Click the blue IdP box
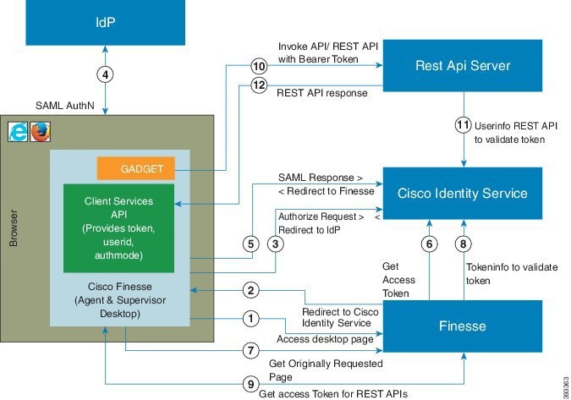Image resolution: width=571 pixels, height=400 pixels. tap(105, 22)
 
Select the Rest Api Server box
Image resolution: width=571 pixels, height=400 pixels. tap(463, 65)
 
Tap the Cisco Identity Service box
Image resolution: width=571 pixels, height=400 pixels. tap(463, 194)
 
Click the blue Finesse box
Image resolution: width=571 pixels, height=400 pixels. tap(463, 326)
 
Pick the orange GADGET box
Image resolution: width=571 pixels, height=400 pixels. tap(136, 168)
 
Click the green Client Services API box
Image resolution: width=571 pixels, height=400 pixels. tap(118, 228)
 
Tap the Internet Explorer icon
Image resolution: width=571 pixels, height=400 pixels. tap(18, 132)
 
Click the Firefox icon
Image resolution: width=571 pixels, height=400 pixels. tap(40, 132)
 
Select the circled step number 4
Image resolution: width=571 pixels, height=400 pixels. tap(105, 74)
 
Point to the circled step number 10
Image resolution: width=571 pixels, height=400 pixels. tap(259, 66)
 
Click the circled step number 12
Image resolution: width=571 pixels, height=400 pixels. tap(259, 85)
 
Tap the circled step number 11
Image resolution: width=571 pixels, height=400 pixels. tap(464, 125)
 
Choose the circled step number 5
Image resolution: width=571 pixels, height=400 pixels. tap(251, 244)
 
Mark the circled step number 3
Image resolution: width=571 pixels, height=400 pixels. tap(275, 244)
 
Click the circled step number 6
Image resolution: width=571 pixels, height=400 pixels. tap(430, 244)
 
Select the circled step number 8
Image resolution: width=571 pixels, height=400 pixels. tap(464, 244)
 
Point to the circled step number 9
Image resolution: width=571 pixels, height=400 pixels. tap(251, 384)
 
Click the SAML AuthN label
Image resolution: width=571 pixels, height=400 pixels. tap(65, 106)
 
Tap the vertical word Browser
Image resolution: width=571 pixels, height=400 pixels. tap(13, 228)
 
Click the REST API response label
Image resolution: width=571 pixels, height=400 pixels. tap(322, 93)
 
